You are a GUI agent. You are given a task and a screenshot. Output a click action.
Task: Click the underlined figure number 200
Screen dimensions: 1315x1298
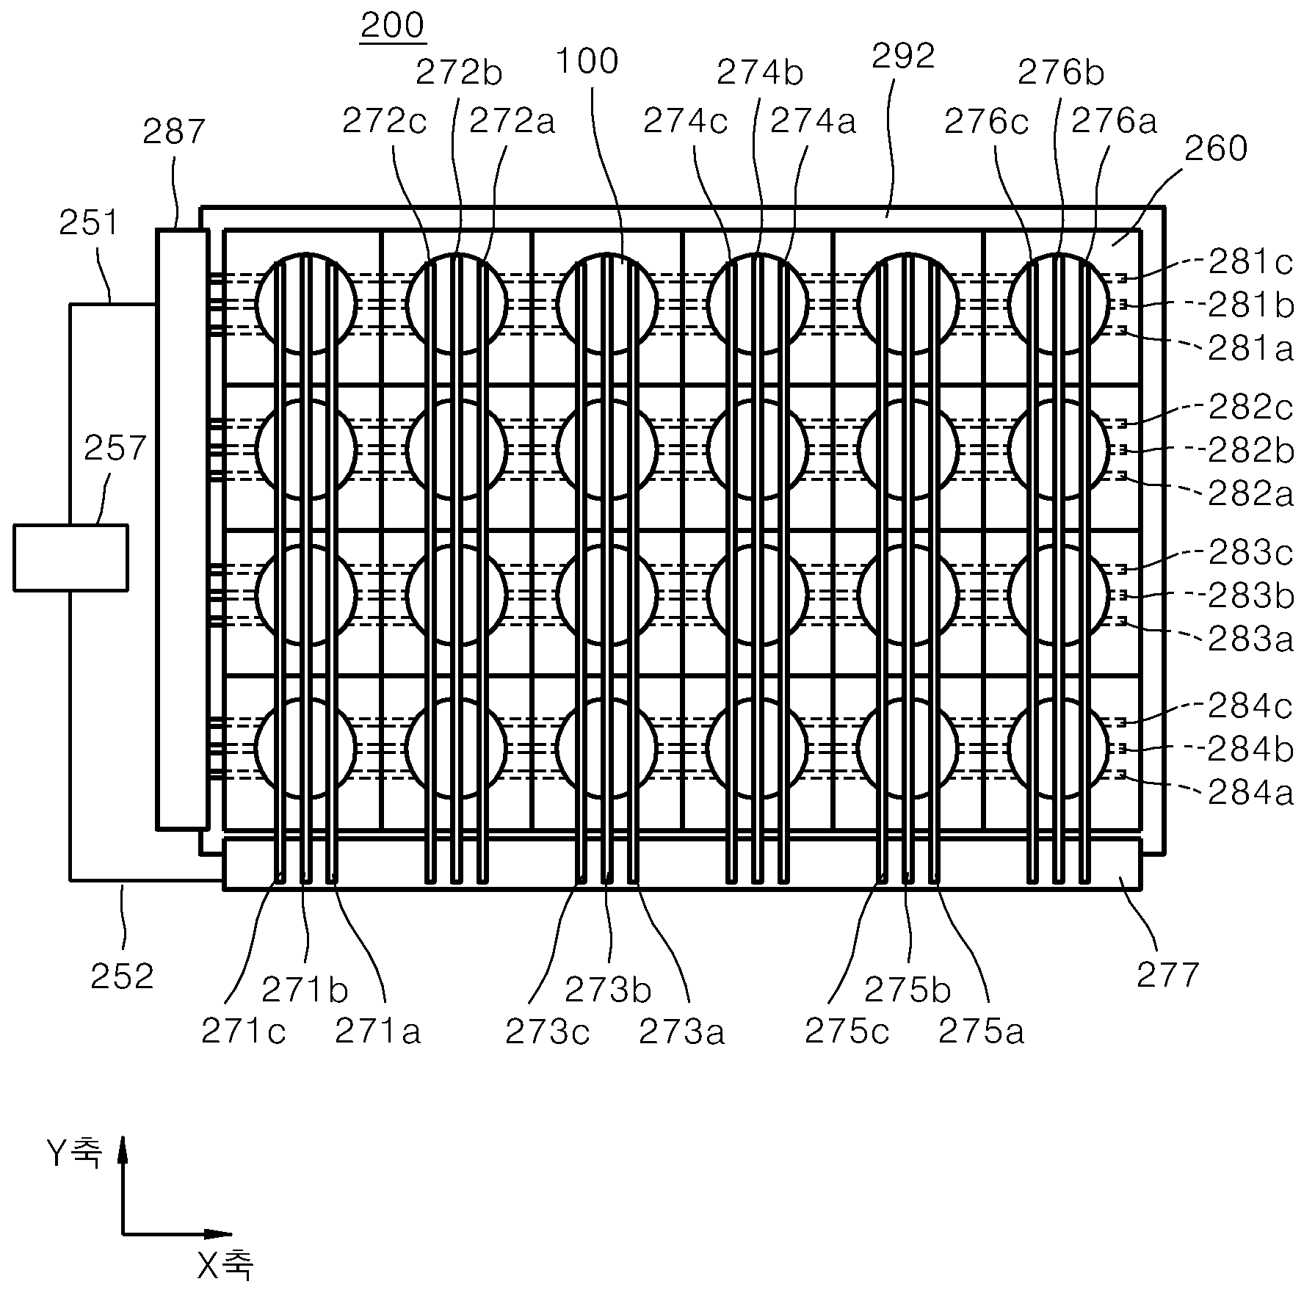point(393,26)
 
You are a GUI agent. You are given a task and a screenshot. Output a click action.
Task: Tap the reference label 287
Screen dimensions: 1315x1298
point(174,132)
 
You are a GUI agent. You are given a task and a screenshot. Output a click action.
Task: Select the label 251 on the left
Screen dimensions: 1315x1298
point(89,222)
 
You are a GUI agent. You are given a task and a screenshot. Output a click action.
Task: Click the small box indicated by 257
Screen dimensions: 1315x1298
point(70,557)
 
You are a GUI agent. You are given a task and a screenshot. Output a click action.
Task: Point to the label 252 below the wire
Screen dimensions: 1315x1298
point(122,976)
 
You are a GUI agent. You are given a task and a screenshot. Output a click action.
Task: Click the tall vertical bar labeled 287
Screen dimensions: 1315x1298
point(182,529)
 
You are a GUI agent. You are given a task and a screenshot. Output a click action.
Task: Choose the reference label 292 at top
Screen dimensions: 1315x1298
point(904,57)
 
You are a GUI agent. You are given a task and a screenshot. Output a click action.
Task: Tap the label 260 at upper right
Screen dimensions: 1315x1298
point(1217,149)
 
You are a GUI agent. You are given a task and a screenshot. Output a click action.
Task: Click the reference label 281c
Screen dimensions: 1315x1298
point(1251,262)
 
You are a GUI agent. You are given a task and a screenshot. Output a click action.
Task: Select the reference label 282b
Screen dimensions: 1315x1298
point(1251,450)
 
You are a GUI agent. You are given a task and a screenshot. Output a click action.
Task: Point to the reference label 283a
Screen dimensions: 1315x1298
point(1251,639)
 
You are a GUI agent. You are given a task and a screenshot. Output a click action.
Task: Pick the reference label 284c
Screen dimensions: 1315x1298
point(1251,706)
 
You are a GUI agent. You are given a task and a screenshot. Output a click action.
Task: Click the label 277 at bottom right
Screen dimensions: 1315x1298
point(1168,975)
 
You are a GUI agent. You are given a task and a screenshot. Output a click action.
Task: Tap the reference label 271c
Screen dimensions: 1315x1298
point(243,1032)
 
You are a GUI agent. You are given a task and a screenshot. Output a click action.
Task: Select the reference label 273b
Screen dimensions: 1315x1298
point(608,991)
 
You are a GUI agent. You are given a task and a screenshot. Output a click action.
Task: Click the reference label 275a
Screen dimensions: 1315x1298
point(982,1032)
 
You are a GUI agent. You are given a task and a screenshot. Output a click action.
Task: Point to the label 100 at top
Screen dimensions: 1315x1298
point(587,61)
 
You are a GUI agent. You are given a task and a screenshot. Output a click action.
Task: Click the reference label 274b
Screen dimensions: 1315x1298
point(761,73)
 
